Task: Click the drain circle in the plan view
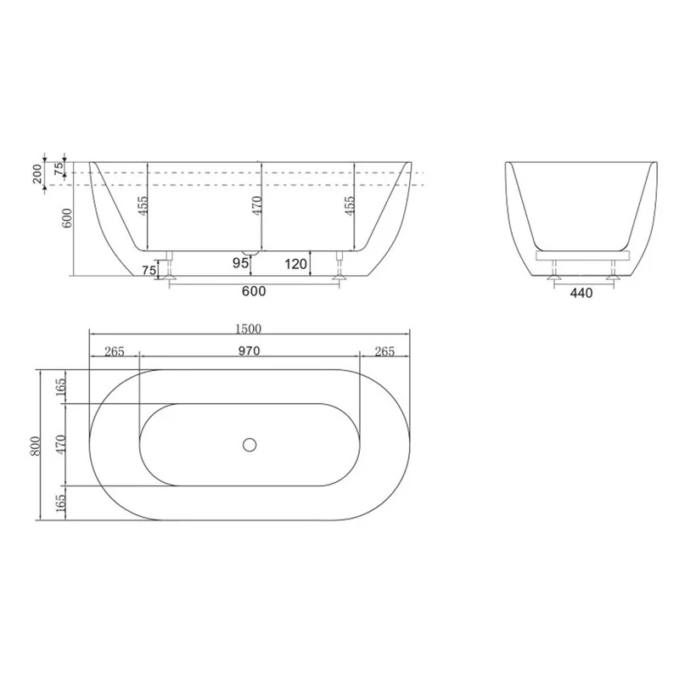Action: pos(250,444)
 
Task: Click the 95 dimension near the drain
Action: pos(241,264)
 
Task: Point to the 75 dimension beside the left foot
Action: pos(149,270)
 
